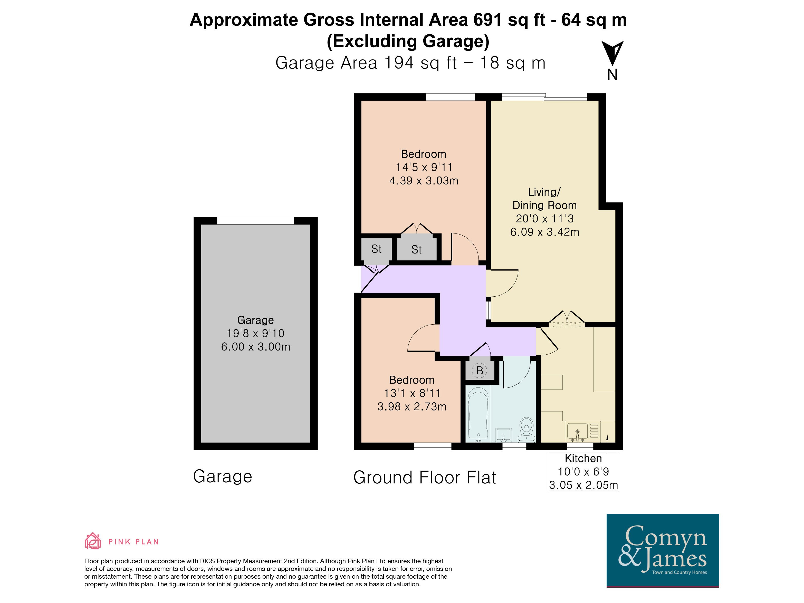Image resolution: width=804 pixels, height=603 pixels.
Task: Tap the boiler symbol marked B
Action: [480, 371]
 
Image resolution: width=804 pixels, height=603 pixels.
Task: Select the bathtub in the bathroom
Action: [478, 414]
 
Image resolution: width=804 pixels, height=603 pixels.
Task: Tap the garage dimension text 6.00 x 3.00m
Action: [255, 347]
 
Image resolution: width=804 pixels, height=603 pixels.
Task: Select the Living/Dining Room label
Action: [544, 199]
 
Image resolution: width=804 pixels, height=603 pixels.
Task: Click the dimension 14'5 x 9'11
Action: [424, 167]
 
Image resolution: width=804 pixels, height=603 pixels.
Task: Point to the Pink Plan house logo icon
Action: [93, 541]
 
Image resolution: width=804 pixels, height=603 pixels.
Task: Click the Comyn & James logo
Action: [663, 550]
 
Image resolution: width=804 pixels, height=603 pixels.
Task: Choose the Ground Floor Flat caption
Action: [425, 477]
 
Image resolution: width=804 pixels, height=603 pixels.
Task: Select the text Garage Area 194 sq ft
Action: [366, 63]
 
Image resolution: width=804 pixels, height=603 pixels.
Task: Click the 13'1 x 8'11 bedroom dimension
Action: [412, 393]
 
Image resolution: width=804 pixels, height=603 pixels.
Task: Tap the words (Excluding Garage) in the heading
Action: [408, 41]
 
